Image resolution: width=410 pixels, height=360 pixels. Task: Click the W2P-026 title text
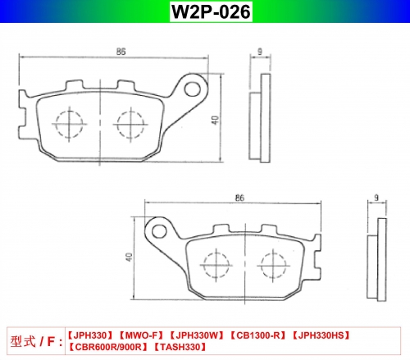211,11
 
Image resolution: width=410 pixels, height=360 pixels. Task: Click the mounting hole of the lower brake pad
159,232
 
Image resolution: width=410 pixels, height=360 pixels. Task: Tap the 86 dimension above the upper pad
121,52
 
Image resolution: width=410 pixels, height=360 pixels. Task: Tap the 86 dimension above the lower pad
239,198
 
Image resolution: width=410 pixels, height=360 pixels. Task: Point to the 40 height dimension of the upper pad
215,120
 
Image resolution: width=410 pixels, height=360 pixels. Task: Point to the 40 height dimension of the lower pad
129,257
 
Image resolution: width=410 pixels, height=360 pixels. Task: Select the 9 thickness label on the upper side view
260,51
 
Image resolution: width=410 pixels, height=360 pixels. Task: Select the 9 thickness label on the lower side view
376,198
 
